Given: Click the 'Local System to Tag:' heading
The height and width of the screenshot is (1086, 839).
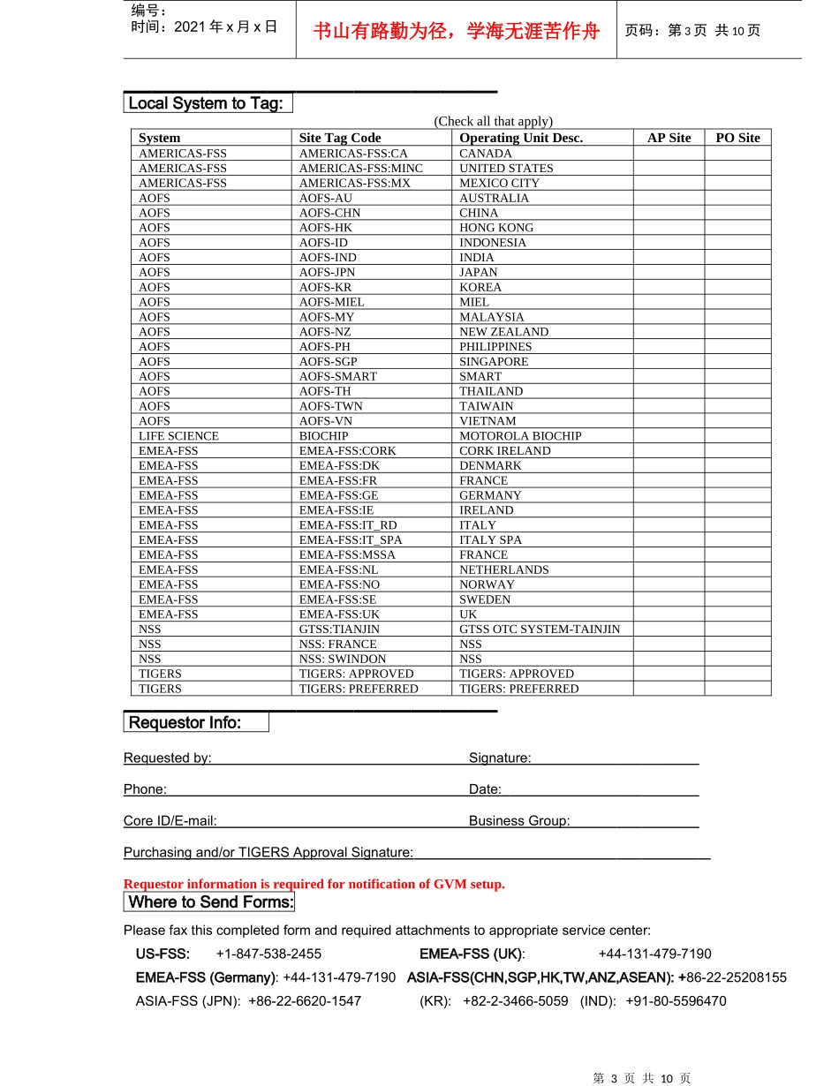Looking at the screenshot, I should pos(206,103).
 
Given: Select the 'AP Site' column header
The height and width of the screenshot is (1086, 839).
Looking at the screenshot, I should pos(669,138).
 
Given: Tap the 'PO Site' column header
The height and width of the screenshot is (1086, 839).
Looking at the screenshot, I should pos(737,138).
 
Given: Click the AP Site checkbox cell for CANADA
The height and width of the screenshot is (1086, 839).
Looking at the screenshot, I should pos(669,154).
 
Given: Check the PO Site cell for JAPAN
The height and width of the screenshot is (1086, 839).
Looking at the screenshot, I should pos(737,273).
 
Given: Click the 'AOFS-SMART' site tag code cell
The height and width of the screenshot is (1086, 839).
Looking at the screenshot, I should pos(337,377).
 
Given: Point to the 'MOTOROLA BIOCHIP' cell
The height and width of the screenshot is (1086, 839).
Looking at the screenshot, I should pos(520,436).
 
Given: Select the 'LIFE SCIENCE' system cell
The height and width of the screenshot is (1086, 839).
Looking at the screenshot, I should pos(178,436).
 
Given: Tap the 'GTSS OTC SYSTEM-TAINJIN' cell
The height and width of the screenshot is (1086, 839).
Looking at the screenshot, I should pos(540,630).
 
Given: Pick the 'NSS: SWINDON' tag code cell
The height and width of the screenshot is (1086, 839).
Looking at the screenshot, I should pos(342,660).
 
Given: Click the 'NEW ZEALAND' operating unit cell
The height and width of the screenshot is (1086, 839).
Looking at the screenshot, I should pos(503,332).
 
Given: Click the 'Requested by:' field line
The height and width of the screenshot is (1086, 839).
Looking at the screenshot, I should pos(340,758).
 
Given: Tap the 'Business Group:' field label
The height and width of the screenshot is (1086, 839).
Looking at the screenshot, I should pos(519,821).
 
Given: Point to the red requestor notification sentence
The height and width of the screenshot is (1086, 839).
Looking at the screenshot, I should pos(314,885).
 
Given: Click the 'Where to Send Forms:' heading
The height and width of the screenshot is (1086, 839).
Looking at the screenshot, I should pos(210,902).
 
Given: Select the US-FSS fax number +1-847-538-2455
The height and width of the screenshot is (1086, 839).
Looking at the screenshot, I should pos(268,954).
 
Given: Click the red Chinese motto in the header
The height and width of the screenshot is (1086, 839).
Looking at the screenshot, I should pos(456,32).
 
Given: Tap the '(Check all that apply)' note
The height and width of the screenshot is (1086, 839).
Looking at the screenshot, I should pos(493,122).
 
